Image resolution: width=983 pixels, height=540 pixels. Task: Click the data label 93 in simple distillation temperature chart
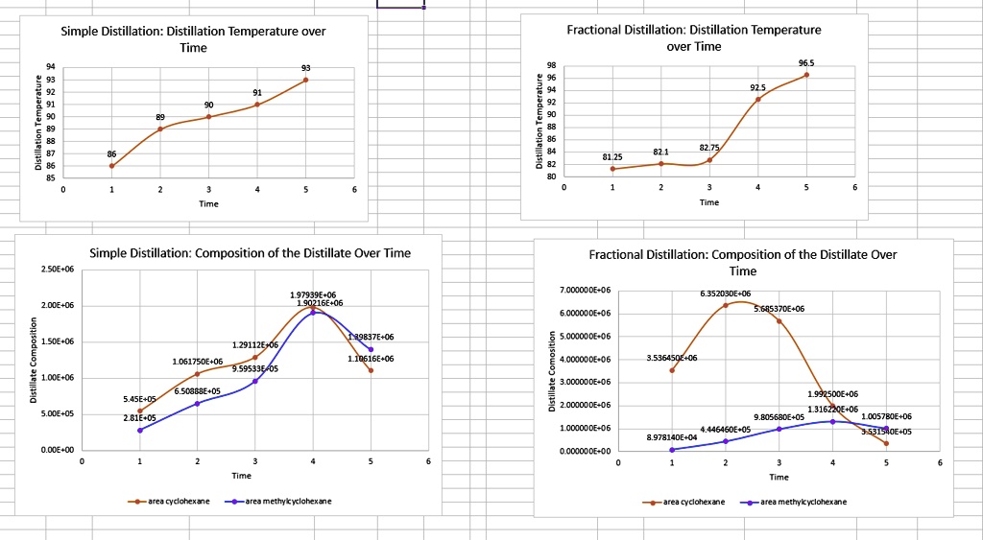pos(305,68)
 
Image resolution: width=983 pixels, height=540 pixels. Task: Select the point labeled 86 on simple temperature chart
pos(112,166)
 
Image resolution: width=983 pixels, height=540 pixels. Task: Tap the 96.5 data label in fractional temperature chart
pos(806,62)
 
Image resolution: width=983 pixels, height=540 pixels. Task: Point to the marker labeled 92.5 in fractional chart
pos(758,99)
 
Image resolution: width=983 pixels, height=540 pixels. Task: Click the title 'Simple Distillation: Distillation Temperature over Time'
pos(193,39)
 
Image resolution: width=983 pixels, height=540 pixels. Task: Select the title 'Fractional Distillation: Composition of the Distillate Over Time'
pos(742,263)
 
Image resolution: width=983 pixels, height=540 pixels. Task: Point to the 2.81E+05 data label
pos(140,418)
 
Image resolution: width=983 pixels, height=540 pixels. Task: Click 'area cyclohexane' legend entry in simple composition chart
pos(176,501)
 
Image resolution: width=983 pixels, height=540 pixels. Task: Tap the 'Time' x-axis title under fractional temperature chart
pos(709,202)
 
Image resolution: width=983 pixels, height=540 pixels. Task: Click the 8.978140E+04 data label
pos(672,437)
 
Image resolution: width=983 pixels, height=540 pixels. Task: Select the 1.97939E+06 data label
pos(313,293)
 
